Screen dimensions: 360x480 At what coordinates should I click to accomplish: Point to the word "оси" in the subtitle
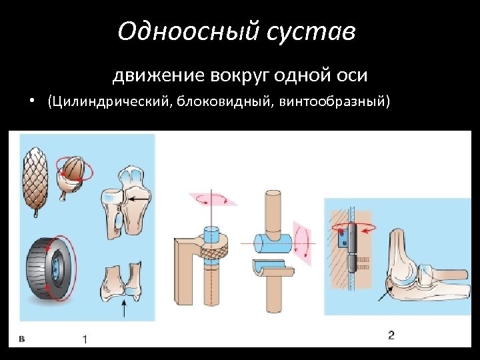(353, 75)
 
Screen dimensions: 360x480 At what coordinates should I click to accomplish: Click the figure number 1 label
(85, 339)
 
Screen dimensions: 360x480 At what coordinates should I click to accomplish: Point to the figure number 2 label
(391, 335)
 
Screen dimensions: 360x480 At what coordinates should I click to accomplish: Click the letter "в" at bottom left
(21, 339)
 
